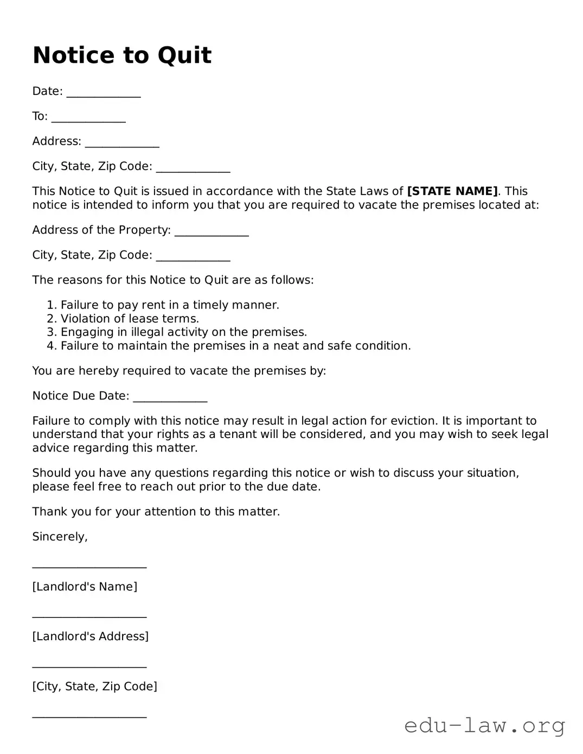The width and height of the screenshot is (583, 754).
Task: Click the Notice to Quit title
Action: tap(122, 55)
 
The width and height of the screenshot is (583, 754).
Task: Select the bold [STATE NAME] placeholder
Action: tap(452, 191)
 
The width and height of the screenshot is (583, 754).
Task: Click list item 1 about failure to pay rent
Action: tap(170, 305)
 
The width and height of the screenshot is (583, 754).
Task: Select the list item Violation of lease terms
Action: tap(130, 319)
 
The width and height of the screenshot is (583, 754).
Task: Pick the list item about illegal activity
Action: tap(184, 332)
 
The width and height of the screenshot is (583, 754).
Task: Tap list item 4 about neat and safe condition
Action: tap(235, 346)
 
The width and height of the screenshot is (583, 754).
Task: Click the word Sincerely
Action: tap(60, 537)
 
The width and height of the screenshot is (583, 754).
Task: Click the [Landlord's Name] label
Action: tap(85, 587)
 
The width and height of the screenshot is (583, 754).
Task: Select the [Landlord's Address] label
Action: tap(90, 636)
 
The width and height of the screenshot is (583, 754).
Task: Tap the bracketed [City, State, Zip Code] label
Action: tap(94, 686)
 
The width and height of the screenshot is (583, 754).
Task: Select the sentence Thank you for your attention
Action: tap(156, 512)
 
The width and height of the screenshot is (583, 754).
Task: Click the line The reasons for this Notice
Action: tap(173, 280)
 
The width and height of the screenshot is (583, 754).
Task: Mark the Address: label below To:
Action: tap(56, 141)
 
